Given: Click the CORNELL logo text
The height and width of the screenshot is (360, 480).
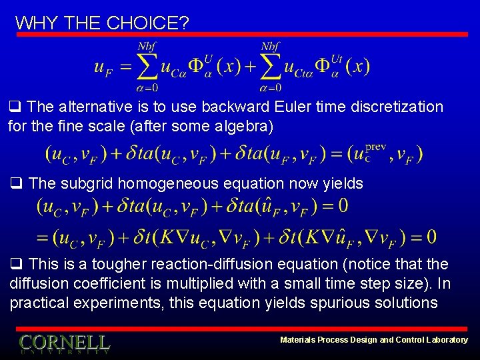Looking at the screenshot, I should point(64,343).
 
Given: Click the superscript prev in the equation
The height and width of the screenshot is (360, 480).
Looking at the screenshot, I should point(375,147).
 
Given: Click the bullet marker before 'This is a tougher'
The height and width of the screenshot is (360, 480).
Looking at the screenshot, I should point(15,265).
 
